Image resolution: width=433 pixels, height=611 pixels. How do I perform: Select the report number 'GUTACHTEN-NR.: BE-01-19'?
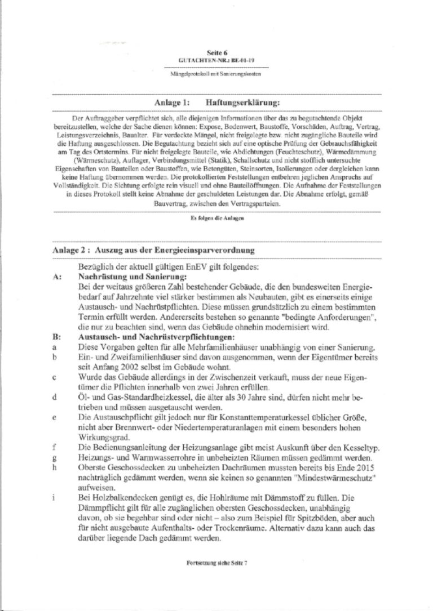(216, 59)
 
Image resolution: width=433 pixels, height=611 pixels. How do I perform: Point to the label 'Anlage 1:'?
(171, 103)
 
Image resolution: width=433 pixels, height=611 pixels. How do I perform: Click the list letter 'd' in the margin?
(55, 396)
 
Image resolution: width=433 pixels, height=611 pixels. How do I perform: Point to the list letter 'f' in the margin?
(55, 447)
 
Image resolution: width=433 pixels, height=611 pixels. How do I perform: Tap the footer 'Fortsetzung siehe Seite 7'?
(216, 564)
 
